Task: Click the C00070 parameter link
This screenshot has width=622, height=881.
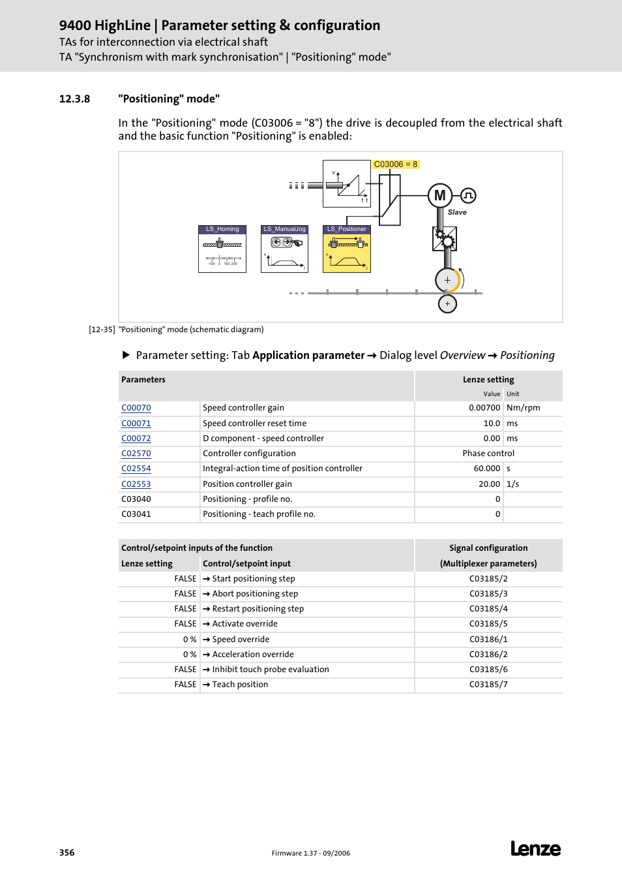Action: pyautogui.click(x=136, y=408)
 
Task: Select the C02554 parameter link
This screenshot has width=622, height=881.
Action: pyautogui.click(x=136, y=469)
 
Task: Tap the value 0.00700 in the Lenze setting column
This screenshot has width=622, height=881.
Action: pyautogui.click(x=484, y=408)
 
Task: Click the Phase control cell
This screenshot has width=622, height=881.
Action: pyautogui.click(x=488, y=454)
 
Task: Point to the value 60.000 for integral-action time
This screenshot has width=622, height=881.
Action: pyautogui.click(x=486, y=469)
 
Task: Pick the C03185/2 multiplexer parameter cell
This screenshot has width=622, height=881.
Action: pyautogui.click(x=488, y=579)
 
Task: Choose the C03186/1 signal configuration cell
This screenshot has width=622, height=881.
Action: pyautogui.click(x=488, y=640)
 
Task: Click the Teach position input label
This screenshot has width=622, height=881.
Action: pyautogui.click(x=240, y=685)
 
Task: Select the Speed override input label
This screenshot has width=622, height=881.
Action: pyautogui.click(x=241, y=640)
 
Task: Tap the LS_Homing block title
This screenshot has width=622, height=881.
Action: pyautogui.click(x=222, y=229)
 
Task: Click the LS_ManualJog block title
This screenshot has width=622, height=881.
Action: pyautogui.click(x=284, y=229)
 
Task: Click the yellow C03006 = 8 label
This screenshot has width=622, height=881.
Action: pyautogui.click(x=395, y=164)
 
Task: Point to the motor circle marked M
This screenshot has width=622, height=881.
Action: pyautogui.click(x=440, y=195)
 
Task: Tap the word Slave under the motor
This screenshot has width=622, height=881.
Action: pyautogui.click(x=457, y=212)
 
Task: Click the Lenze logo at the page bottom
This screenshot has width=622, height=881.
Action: pyautogui.click(x=535, y=848)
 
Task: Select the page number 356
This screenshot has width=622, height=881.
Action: pyautogui.click(x=67, y=852)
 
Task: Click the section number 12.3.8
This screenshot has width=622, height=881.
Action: pyautogui.click(x=74, y=99)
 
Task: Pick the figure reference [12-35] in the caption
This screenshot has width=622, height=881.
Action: pyautogui.click(x=102, y=330)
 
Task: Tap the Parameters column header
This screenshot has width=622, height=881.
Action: pyautogui.click(x=143, y=380)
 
